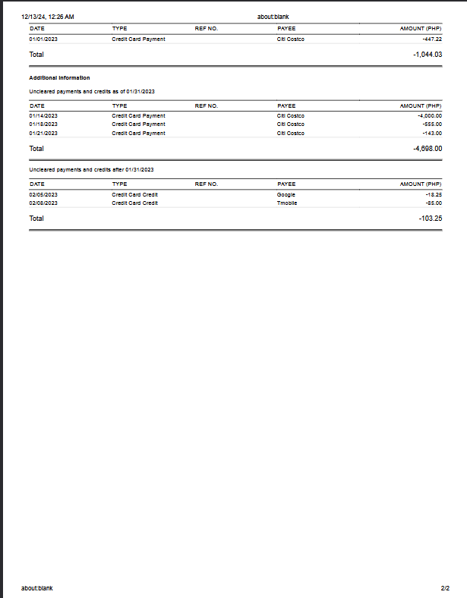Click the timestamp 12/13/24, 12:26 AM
48,17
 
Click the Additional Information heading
59,77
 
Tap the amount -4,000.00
430,115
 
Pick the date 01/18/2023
43,124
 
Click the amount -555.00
432,124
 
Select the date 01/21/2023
43,133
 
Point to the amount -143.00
432,133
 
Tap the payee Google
286,194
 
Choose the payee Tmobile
287,203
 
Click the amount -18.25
434,194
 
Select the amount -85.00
434,203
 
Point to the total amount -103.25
430,219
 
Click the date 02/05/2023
43,194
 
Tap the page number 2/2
445,588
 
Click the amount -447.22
432,39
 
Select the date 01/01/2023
43,39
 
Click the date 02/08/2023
43,203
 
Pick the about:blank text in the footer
37,588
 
